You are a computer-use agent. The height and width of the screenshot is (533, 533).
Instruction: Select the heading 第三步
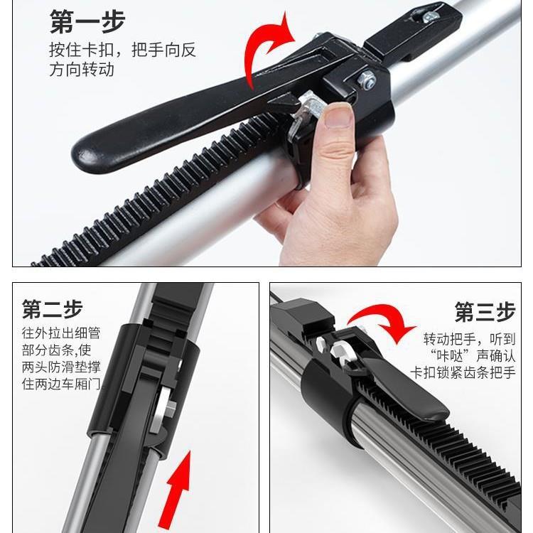coord(485,311)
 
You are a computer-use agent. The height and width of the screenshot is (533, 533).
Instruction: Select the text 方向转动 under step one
coord(82,70)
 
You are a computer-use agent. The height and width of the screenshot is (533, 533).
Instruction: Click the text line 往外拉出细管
coord(60,333)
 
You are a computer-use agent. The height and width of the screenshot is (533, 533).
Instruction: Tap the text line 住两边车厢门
coord(61,384)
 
